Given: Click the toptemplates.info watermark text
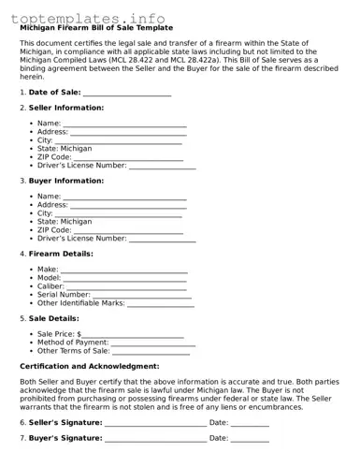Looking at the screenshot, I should click(88, 18).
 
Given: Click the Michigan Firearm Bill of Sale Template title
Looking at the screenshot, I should click(96, 28).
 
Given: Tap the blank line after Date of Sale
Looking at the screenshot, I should click(127, 93).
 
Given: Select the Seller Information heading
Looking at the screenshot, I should click(66, 108).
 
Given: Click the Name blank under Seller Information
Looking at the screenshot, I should click(124, 124).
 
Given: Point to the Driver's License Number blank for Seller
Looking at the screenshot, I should click(162, 166).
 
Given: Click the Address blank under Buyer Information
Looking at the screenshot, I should click(128, 205).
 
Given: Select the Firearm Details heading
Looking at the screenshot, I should click(61, 254).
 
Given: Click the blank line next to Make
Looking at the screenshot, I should click(124, 270).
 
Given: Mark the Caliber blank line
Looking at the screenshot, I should click(127, 286).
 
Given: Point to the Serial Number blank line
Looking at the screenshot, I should click(142, 295).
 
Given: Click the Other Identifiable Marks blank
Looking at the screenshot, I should click(160, 303).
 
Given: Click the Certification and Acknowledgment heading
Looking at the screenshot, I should click(90, 366).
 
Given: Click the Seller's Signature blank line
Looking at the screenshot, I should click(155, 423).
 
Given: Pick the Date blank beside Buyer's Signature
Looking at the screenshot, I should click(249, 438).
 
